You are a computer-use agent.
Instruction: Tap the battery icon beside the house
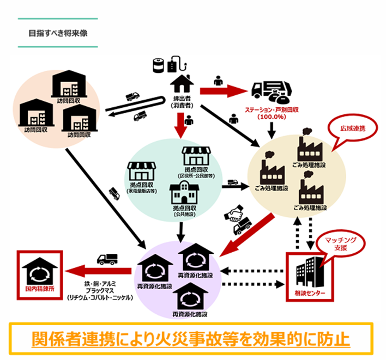tap(159, 66)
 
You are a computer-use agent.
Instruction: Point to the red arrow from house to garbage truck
tap(224, 90)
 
